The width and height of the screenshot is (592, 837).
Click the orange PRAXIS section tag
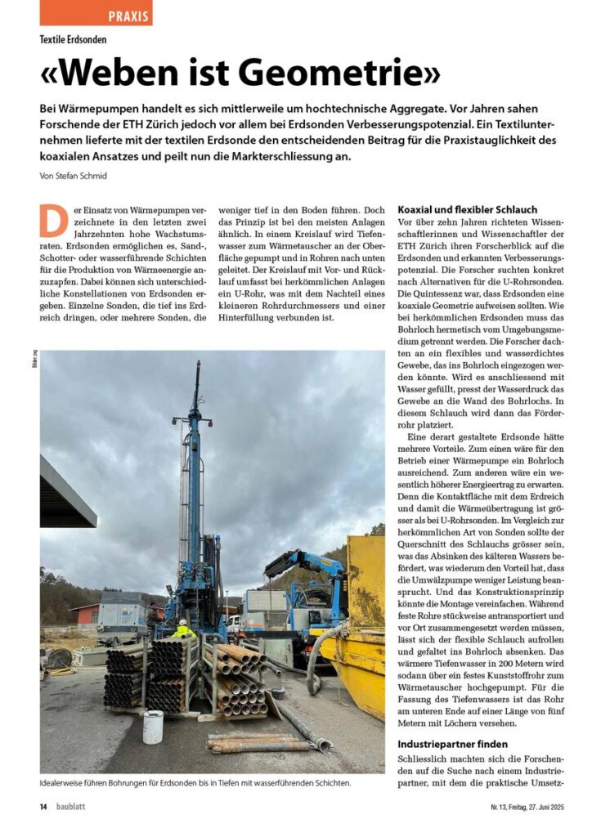tap(96, 14)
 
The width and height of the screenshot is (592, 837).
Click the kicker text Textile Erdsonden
tap(74, 39)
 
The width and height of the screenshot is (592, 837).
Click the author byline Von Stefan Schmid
tap(74, 175)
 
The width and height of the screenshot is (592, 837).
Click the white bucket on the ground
tap(153, 727)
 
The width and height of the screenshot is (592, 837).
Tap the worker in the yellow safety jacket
tap(183, 629)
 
